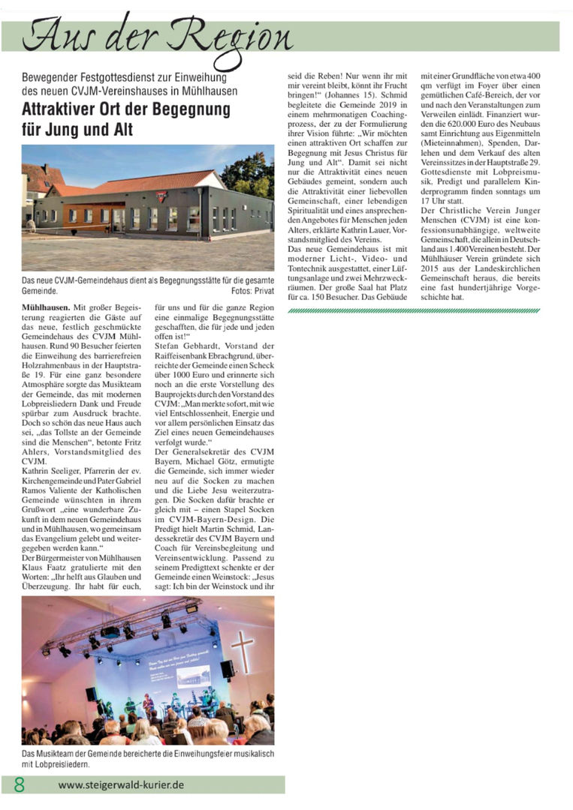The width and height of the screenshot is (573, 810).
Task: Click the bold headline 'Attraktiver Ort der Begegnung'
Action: coord(125,109)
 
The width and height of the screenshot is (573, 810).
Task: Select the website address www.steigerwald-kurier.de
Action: coord(121,784)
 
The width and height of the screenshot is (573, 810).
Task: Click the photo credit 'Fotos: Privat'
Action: coord(253,290)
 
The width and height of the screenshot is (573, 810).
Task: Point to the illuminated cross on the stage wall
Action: coord(243,647)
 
